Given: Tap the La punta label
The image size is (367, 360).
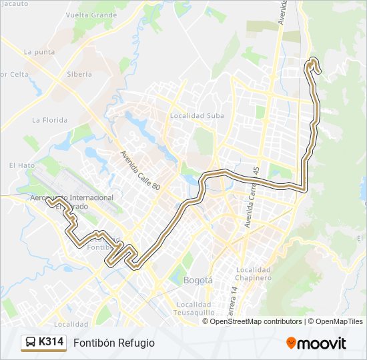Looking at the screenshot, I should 39,51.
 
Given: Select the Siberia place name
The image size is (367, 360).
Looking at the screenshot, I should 79,74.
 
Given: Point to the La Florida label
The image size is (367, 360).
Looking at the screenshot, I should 50,120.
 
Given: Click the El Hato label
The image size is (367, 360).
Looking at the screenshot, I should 21,165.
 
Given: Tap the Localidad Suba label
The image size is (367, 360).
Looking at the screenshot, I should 197,115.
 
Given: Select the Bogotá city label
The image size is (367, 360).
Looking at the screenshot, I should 198,281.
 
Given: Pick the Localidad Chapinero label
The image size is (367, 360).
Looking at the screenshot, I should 253,273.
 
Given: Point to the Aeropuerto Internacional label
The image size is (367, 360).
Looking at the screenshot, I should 72,198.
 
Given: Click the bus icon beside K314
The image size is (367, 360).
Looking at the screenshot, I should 30,343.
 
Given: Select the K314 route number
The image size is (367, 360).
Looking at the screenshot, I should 51,343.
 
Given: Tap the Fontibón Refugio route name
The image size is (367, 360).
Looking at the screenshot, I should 114,343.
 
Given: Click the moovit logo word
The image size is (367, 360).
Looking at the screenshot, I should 322,343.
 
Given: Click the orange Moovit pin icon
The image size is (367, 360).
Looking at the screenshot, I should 291,343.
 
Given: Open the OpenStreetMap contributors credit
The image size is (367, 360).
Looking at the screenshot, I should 256,321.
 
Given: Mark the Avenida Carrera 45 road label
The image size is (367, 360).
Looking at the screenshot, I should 252,197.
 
